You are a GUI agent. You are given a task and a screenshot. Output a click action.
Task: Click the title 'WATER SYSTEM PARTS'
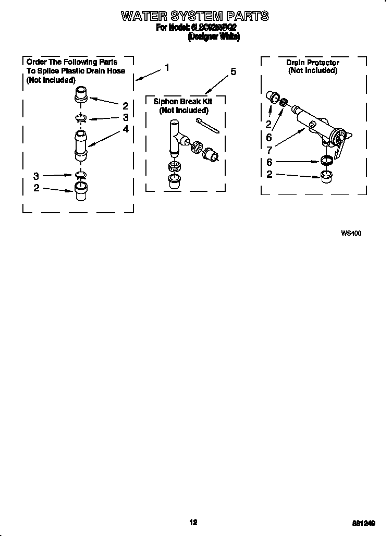[195, 16]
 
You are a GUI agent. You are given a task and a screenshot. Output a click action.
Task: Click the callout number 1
[167, 67]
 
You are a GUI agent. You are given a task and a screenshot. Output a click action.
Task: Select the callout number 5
[233, 72]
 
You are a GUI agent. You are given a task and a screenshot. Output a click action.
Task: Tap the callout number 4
[126, 129]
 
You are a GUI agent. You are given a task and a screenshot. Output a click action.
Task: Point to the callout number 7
[269, 150]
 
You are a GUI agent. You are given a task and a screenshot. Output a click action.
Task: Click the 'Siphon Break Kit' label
[182, 102]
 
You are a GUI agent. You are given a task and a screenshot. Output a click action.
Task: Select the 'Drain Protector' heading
[312, 63]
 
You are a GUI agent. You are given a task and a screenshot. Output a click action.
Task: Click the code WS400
[351, 234]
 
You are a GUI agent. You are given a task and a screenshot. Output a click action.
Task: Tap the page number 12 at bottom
[193, 522]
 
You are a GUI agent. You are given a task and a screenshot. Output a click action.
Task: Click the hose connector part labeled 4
[80, 147]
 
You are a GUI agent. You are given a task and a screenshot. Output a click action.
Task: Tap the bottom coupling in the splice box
[80, 191]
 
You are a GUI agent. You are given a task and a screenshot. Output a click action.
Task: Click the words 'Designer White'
[213, 36]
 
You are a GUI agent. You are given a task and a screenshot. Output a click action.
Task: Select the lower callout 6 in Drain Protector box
[269, 162]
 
